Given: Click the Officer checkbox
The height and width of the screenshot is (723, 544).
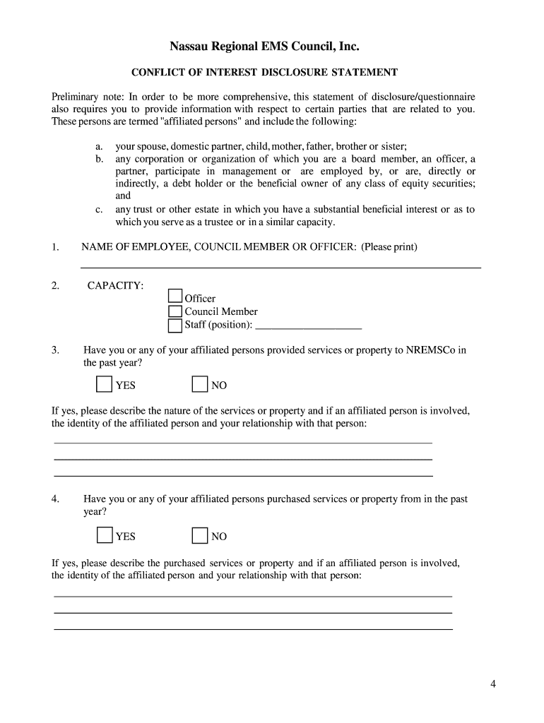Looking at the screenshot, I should [175, 297].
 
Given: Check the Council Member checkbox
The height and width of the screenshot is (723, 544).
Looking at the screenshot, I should [175, 311].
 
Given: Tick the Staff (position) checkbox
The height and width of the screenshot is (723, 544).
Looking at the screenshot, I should [175, 325].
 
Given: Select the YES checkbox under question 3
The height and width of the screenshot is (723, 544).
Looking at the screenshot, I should [104, 384].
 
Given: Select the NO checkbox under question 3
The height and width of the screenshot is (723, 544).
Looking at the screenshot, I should [200, 384].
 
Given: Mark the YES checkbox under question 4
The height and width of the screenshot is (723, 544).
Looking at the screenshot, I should [104, 535].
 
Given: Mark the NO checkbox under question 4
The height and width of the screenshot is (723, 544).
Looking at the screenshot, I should [200, 535].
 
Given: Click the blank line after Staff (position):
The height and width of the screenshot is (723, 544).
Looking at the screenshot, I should [308, 326].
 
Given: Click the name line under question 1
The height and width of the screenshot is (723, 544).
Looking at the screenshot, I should [280, 267].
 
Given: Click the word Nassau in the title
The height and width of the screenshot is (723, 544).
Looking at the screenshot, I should [190, 47].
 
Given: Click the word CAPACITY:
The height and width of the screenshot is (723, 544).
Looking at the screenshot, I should [115, 285].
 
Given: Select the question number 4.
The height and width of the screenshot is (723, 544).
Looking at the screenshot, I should [54, 499].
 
